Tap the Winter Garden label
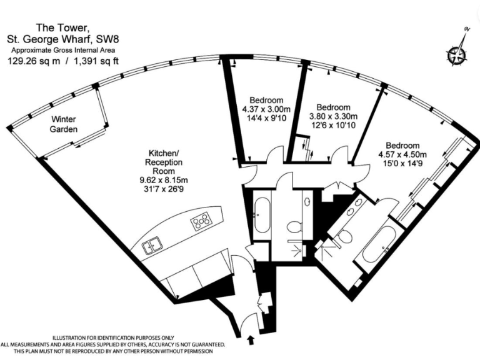(63, 124)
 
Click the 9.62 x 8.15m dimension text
(164, 180)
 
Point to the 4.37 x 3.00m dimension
(266, 109)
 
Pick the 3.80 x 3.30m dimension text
(333, 116)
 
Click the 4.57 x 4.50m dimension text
(402, 154)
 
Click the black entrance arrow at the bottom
(251, 340)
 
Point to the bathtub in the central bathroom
(262, 215)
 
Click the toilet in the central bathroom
(294, 226)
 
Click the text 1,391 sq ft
(96, 61)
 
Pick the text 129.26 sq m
(34, 61)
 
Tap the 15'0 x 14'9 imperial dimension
(402, 164)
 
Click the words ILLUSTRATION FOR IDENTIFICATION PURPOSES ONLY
(113, 338)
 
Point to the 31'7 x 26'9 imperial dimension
(164, 189)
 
